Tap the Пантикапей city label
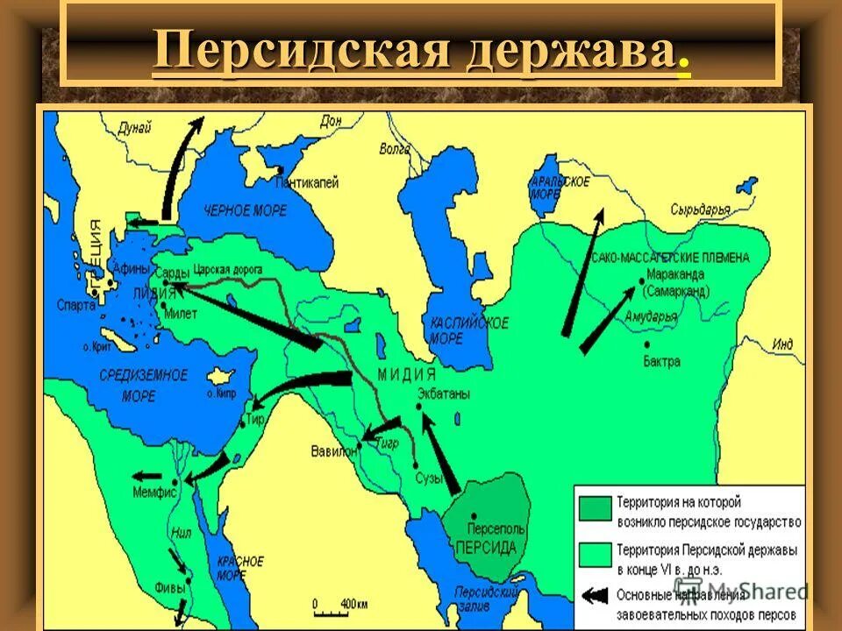[307, 182]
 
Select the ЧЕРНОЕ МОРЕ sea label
[240, 210]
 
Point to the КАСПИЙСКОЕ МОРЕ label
[469, 330]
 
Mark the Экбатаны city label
[443, 393]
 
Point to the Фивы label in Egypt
[168, 588]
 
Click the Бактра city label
[661, 360]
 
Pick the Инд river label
[782, 344]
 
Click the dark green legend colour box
[594, 510]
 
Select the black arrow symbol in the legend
[594, 595]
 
